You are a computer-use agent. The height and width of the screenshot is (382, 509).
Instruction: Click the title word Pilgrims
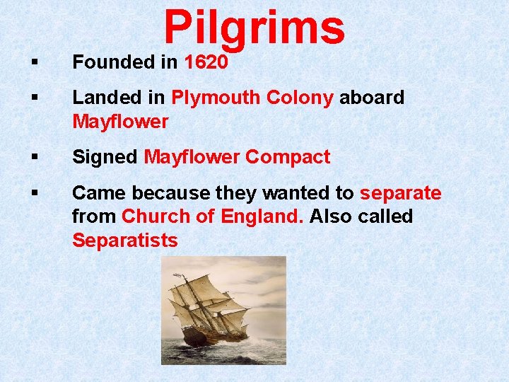coord(255,28)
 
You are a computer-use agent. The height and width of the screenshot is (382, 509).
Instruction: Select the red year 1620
coord(206,62)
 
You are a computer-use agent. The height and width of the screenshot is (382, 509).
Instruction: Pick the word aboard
coord(372,98)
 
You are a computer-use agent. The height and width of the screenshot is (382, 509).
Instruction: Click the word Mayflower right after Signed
coord(192,157)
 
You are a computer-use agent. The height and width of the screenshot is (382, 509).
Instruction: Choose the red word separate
coord(401,193)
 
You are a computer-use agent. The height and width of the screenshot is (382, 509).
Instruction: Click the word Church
coord(164,216)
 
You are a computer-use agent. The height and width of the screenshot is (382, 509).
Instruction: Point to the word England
coord(263,216)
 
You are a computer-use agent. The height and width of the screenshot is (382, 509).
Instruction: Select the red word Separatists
coord(125,241)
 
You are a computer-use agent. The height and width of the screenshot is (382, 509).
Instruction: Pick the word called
coord(385,216)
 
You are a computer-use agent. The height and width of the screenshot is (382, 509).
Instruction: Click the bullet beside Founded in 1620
coord(34,63)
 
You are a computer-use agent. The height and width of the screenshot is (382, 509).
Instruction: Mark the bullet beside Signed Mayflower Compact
coord(34,158)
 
